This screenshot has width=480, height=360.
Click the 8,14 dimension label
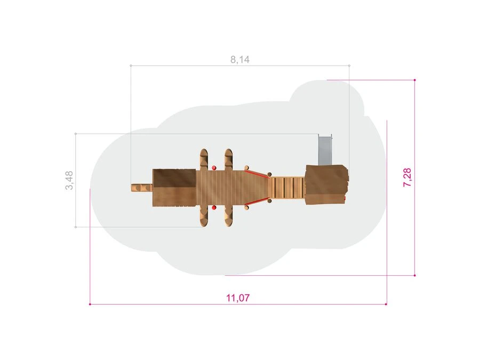pyautogui.click(x=240, y=59)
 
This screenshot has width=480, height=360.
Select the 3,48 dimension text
pyautogui.click(x=69, y=180)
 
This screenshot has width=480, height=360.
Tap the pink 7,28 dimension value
pyautogui.click(x=407, y=177)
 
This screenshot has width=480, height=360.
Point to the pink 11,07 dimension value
pyautogui.click(x=238, y=298)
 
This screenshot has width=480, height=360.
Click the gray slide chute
pyautogui.click(x=325, y=150)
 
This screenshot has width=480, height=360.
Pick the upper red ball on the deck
pyautogui.click(x=214, y=168)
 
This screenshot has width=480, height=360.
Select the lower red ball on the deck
pyautogui.click(x=214, y=208)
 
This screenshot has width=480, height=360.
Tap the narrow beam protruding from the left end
pyautogui.click(x=142, y=187)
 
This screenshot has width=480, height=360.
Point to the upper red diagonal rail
pyautogui.click(x=257, y=173)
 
